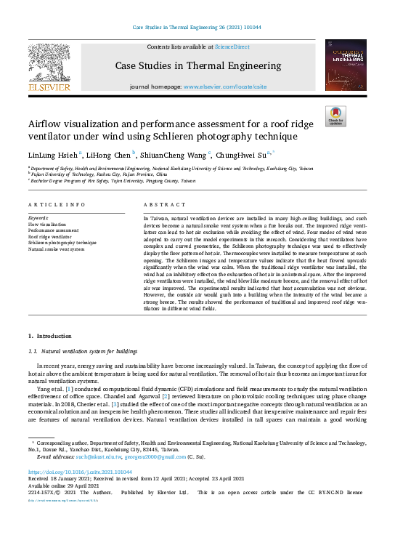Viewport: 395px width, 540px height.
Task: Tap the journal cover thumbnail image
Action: tap(346, 65)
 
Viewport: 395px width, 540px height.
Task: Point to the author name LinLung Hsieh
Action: tap(50, 155)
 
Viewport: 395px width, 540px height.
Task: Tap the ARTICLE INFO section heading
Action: tap(57, 205)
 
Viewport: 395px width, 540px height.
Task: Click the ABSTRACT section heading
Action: tap(165, 205)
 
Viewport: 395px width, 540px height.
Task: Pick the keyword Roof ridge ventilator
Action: tap(49, 237)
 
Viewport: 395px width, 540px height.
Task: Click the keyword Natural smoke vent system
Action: tap(56, 249)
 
